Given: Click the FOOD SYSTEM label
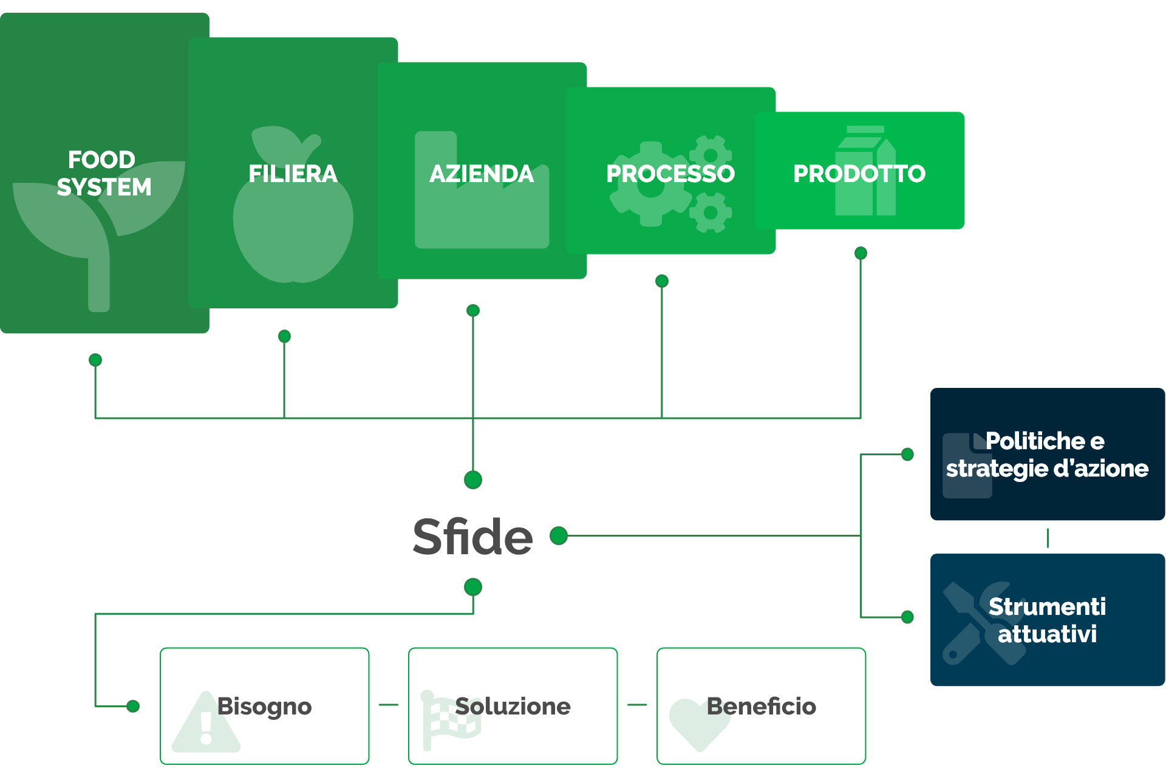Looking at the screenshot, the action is (x=103, y=173).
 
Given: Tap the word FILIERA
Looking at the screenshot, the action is (x=293, y=174).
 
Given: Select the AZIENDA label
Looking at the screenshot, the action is (x=482, y=174).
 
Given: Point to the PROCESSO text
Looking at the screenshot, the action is (x=670, y=174).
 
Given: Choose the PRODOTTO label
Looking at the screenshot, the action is (x=859, y=174).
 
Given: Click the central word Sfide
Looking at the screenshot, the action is (x=472, y=537).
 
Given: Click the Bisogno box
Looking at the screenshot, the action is (x=265, y=706).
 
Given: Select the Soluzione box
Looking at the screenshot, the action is (x=513, y=706).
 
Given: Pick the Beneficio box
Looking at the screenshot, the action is (x=762, y=706).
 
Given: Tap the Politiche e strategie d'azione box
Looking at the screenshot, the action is (x=1048, y=454).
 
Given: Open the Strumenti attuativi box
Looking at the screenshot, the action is (x=1048, y=620).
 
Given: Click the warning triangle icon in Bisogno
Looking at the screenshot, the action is (x=206, y=722).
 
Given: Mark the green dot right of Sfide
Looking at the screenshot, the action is (x=559, y=536).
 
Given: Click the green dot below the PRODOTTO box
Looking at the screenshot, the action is (x=861, y=253).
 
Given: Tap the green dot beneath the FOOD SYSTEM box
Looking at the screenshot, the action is (x=95, y=360).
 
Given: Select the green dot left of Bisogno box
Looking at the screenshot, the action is (x=133, y=706).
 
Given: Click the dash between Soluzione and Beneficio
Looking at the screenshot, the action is (x=637, y=705).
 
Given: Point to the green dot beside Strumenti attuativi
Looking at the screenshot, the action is (x=908, y=617).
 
